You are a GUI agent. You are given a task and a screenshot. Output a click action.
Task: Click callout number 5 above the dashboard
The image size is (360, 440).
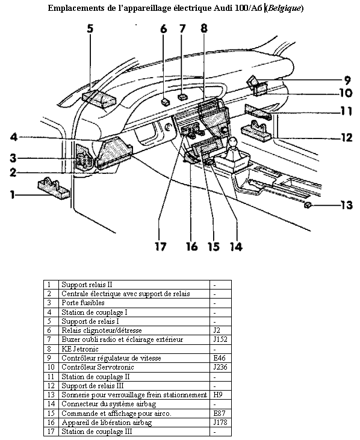coord(90,29)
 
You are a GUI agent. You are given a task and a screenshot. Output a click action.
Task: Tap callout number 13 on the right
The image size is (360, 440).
coord(347,205)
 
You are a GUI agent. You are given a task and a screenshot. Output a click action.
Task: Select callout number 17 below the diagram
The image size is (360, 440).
coord(161,246)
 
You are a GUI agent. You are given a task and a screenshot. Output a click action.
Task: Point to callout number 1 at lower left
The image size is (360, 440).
coord(13,194)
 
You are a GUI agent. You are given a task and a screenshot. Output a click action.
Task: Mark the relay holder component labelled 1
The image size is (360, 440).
coord(54,188)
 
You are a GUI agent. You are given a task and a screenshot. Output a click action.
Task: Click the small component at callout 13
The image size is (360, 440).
coord(308,205)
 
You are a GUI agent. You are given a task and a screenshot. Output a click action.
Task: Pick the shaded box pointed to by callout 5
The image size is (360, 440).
coord(99,99)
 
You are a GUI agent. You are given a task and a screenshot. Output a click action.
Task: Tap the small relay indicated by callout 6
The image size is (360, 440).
coord(166,102)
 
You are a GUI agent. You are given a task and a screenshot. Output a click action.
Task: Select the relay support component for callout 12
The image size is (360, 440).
coord(256,130)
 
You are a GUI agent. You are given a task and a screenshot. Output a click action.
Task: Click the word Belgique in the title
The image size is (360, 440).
coord(285,8)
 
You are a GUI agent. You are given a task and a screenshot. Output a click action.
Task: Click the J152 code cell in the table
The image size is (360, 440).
coord(220,339)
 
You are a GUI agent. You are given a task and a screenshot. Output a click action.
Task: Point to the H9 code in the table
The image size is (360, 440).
coord(218,395)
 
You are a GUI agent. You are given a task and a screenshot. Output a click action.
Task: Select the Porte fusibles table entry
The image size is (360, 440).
coord(83,303)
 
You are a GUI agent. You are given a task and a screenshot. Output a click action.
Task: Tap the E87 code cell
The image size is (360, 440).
coord(219,414)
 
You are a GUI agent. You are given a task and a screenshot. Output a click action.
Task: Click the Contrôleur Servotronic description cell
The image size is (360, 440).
coord(98,367)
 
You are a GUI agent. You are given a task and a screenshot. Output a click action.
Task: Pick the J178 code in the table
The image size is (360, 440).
coord(220,423)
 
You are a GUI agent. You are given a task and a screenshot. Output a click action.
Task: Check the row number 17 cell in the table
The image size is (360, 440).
coord(51,432)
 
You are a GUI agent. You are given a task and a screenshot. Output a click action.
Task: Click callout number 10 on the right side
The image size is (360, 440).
coord(346,93)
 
